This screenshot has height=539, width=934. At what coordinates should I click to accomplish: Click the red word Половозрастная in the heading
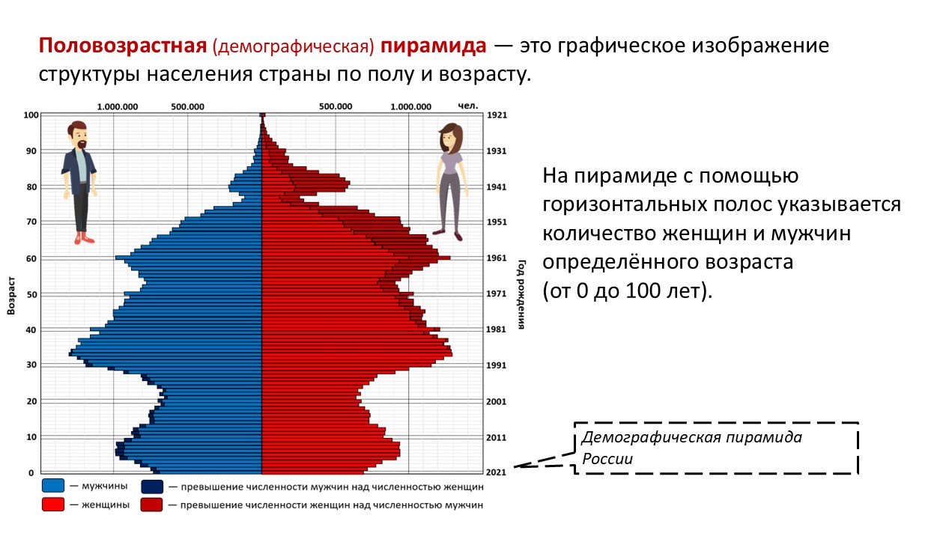[x=123, y=46]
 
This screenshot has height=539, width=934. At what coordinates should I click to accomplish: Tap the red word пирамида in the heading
[x=433, y=46]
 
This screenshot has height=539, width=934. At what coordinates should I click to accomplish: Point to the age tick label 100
[x=31, y=115]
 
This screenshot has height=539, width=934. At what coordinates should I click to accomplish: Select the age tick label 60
[x=31, y=259]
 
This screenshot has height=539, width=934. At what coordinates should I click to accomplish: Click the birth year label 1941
[x=496, y=187]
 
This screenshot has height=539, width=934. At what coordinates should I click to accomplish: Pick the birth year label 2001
[x=496, y=402]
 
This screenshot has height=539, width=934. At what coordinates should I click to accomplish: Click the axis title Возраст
[x=11, y=295]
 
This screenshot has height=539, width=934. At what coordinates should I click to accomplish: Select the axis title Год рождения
[x=521, y=294]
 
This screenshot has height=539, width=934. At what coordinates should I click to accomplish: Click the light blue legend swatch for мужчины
[x=53, y=486]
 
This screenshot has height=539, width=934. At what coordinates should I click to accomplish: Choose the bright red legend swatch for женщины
[x=53, y=505]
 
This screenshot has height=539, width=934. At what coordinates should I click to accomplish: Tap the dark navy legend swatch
[x=152, y=487]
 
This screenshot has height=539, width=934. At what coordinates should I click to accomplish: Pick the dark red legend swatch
[x=152, y=505]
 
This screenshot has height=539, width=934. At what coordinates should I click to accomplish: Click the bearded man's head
[x=78, y=135]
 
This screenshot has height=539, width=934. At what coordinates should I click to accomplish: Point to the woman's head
[x=450, y=138]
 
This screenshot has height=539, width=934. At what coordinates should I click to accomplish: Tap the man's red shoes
[x=85, y=239]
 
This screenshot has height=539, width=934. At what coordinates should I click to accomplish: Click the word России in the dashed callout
[x=607, y=459]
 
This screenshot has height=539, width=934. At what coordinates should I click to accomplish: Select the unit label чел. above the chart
[x=468, y=106]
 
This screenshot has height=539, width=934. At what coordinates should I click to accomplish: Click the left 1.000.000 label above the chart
[x=118, y=107]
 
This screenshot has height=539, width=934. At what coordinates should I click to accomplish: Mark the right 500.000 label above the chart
[x=336, y=106]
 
